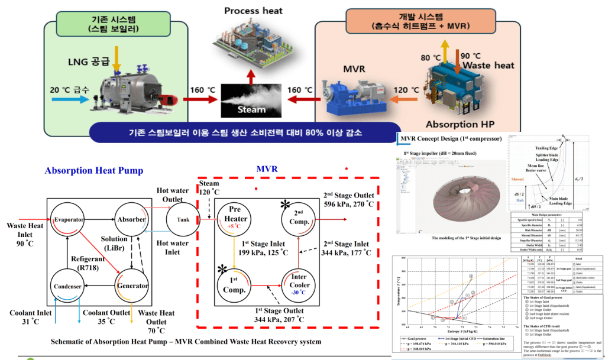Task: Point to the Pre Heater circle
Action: pos(236,219)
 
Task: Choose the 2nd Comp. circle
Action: pos(299,219)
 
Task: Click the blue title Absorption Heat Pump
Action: pos(94,171)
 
